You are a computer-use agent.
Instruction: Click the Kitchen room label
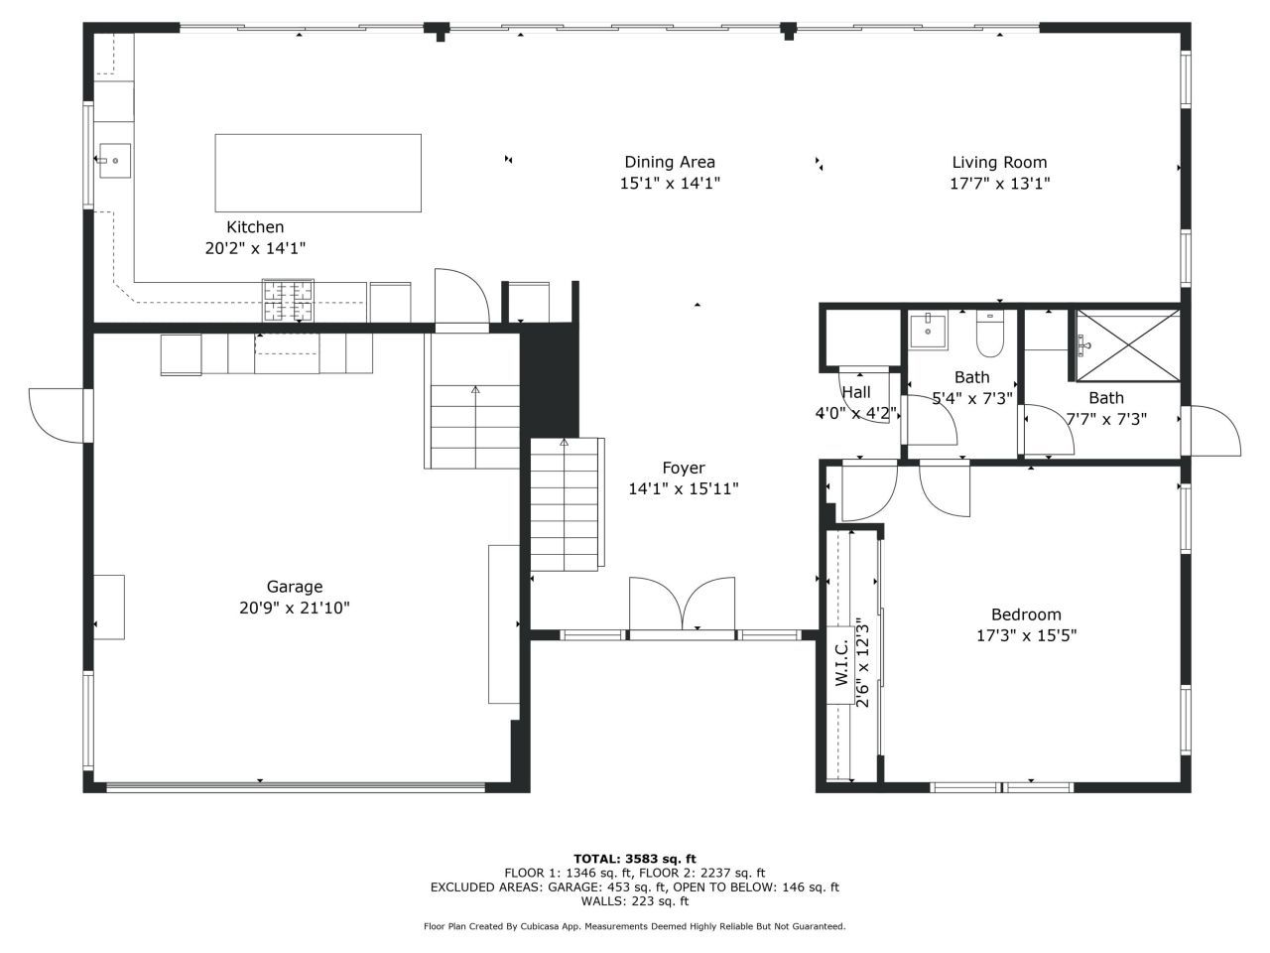(x=255, y=227)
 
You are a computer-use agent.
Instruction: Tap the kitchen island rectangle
(x=317, y=173)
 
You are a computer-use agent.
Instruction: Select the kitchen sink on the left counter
(x=113, y=160)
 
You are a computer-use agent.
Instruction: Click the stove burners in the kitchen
(x=288, y=300)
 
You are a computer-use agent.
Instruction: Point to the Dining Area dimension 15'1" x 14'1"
(x=670, y=184)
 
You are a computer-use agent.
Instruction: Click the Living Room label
(x=999, y=163)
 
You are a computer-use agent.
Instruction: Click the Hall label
(x=855, y=392)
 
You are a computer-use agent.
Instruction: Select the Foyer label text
(x=684, y=468)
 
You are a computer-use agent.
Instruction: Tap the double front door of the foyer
(x=683, y=605)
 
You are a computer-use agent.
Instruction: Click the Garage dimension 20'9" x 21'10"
(x=294, y=608)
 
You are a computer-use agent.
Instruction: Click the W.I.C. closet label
(x=841, y=663)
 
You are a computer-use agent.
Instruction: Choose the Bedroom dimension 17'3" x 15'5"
(x=1026, y=635)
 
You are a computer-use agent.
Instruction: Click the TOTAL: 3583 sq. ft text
(x=635, y=859)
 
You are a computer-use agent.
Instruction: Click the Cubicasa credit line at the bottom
(x=635, y=926)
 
